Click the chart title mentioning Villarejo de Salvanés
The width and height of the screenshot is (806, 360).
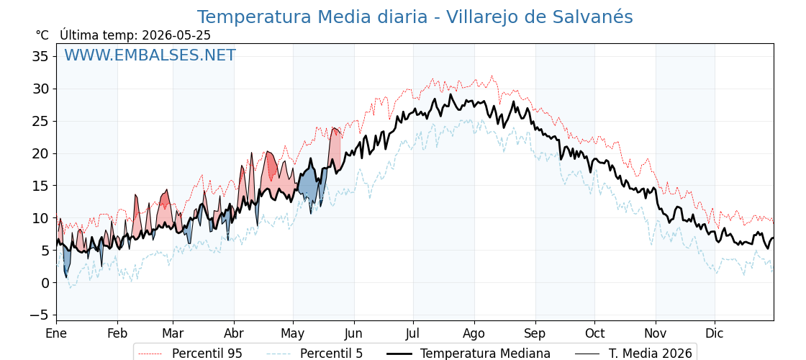(x=415, y=17)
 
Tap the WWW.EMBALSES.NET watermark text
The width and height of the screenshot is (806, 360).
(x=150, y=55)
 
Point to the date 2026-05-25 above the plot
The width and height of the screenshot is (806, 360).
(x=176, y=35)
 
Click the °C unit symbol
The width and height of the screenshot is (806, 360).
(x=42, y=35)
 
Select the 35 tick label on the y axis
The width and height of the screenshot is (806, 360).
(x=40, y=56)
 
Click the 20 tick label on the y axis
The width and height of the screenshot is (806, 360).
(x=40, y=153)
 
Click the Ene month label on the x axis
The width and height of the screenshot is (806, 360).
(x=56, y=334)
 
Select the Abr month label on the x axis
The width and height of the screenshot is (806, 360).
(x=235, y=334)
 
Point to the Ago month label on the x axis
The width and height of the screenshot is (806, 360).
(x=474, y=334)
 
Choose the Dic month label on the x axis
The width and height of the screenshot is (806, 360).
(x=714, y=334)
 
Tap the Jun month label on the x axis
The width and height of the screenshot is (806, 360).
(x=353, y=334)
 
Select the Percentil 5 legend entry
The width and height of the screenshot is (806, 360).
(x=315, y=354)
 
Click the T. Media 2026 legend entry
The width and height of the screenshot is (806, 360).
(x=633, y=354)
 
